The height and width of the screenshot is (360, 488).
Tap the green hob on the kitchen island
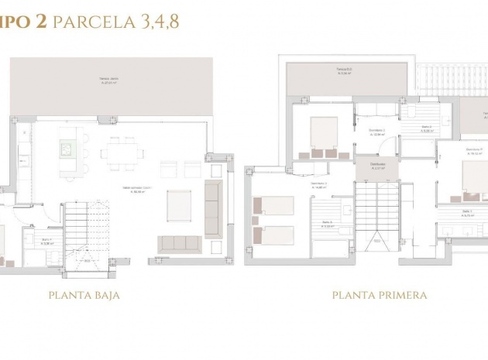click(70, 148)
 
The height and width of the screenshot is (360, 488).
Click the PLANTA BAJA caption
click(84, 295)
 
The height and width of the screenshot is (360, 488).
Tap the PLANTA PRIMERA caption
click(380, 295)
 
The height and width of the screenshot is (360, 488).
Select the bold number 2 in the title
click(39, 22)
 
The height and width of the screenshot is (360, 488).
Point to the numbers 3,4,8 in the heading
click(160, 22)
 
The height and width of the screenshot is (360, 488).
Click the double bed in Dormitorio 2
click(324, 132)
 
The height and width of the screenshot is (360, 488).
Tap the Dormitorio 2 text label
click(377, 132)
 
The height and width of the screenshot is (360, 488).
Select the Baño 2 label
click(427, 129)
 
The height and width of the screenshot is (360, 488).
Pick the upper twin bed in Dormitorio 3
click(274, 206)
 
